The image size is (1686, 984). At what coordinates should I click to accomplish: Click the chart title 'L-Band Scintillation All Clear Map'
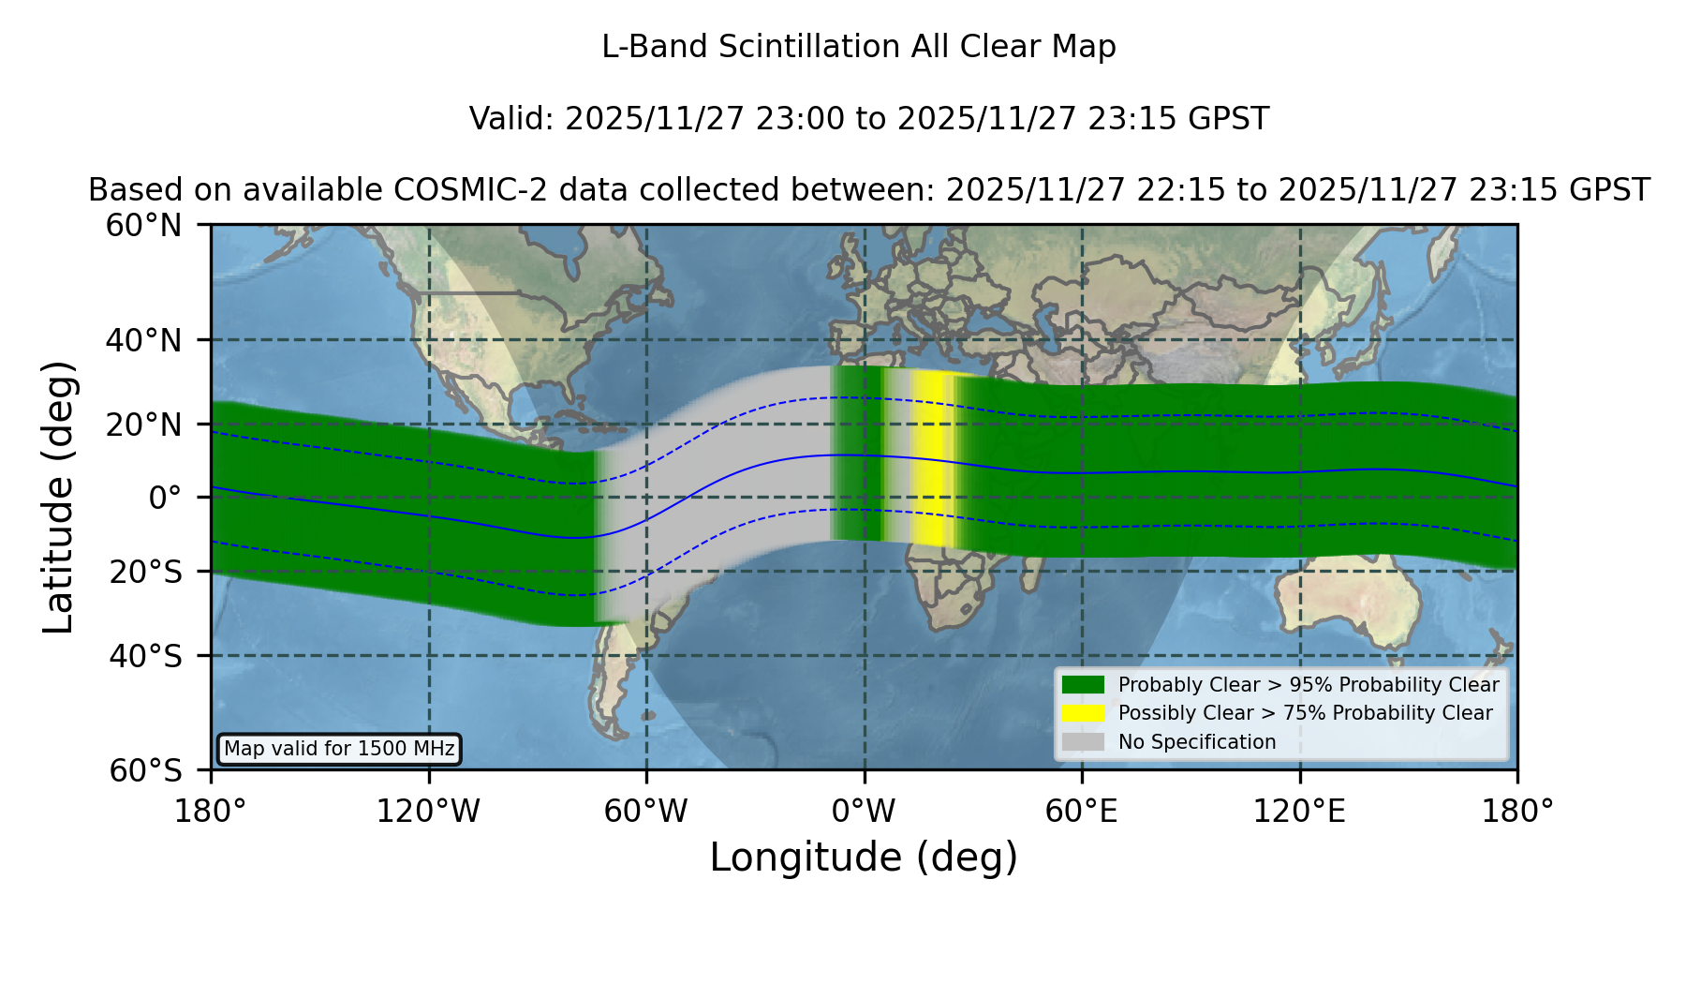tap(858, 47)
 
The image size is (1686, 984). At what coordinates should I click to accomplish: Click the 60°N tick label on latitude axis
tap(144, 226)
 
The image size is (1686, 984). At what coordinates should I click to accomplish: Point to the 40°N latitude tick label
tap(144, 340)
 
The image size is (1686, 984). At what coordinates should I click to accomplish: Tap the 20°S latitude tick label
tap(146, 571)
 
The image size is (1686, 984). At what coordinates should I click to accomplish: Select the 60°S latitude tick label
tap(146, 770)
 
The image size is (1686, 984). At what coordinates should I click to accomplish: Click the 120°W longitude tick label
tap(428, 811)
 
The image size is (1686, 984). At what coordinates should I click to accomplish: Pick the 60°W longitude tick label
tap(646, 811)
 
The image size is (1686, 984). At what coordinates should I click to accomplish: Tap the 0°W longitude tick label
tap(864, 811)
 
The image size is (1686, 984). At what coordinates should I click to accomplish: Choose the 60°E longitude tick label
tap(1082, 811)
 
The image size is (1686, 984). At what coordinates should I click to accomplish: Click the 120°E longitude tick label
tap(1299, 811)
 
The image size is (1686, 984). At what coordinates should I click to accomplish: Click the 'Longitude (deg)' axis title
tap(864, 857)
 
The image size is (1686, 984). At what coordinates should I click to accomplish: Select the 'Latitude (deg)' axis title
tap(59, 497)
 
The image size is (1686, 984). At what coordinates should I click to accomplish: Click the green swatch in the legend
tap(1083, 684)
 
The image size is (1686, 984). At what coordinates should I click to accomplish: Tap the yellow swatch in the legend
tap(1083, 713)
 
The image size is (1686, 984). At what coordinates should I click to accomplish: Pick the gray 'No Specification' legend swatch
tap(1083, 742)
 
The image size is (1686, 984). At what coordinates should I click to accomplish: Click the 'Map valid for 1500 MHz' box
tap(339, 749)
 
